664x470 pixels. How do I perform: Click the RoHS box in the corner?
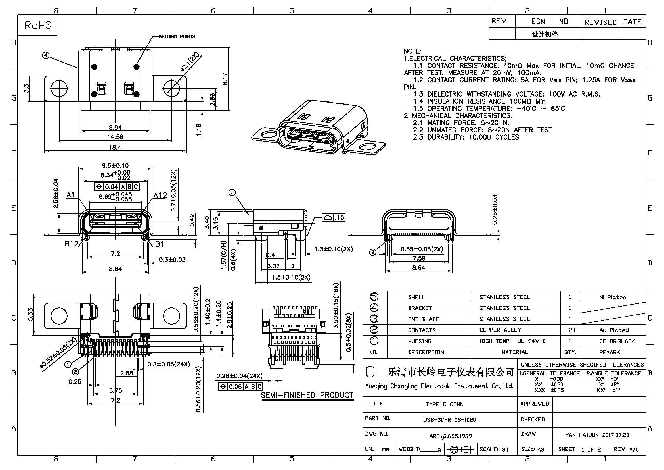pyautogui.click(x=37, y=25)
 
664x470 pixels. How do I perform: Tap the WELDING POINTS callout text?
pyautogui.click(x=177, y=36)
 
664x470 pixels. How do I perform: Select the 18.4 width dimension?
pyautogui.click(x=115, y=147)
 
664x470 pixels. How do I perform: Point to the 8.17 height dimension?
pyautogui.click(x=225, y=79)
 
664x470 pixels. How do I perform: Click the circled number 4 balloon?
pyautogui.click(x=46, y=55)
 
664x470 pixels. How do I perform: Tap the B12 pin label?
pyautogui.click(x=72, y=244)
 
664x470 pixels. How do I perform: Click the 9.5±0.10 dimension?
pyautogui.click(x=115, y=166)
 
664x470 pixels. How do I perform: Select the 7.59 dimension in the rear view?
pyautogui.click(x=418, y=258)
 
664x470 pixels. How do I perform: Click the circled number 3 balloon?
pyautogui.click(x=373, y=252)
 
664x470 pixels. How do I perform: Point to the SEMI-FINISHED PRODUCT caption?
pyautogui.click(x=307, y=395)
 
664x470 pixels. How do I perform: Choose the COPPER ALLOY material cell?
pyautogui.click(x=500, y=330)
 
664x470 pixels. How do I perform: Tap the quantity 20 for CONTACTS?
pyautogui.click(x=572, y=330)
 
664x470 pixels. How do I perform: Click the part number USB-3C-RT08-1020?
pyautogui.click(x=449, y=420)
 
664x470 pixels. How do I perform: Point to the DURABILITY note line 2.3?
pyautogui.click(x=466, y=137)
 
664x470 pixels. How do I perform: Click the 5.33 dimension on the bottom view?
pyautogui.click(x=31, y=315)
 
